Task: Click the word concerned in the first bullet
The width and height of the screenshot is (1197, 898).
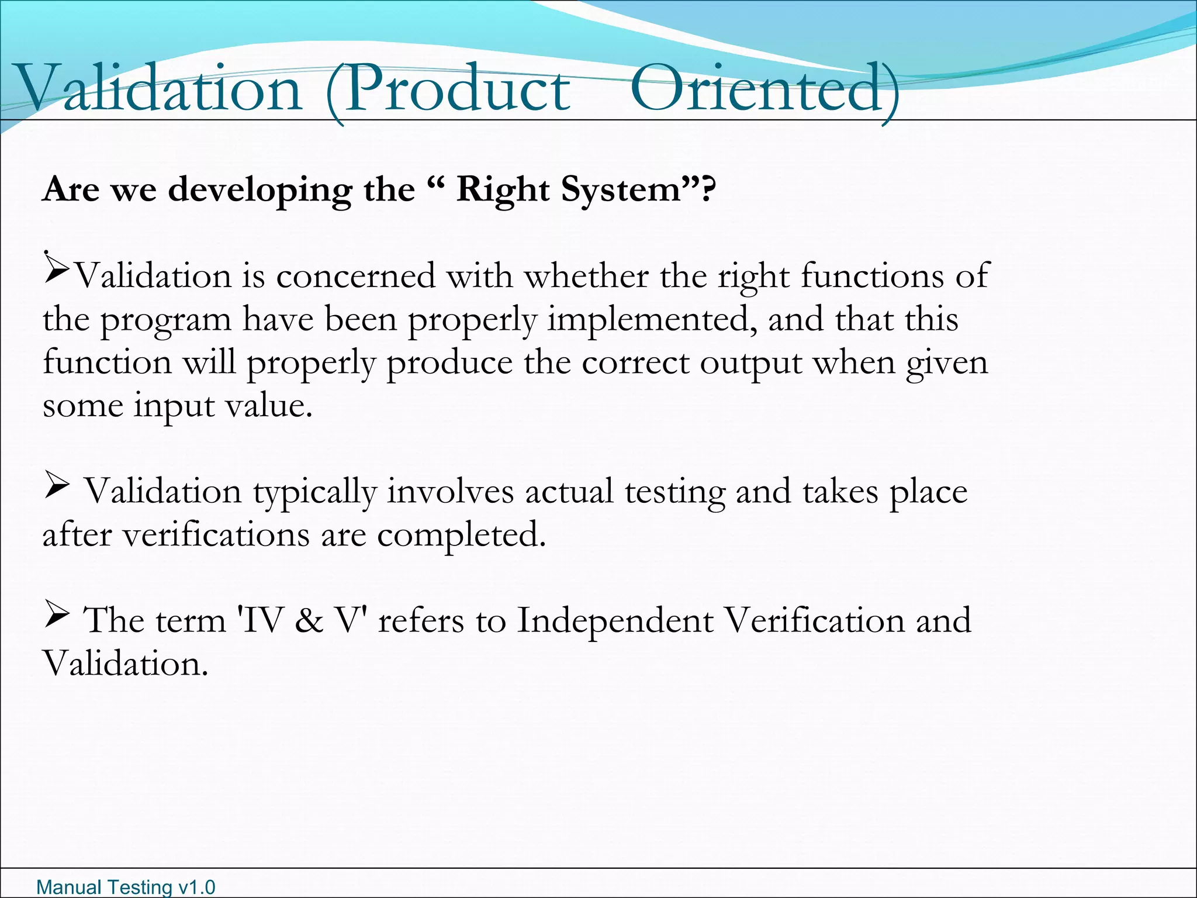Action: pos(355,276)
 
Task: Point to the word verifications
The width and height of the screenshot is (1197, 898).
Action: pos(216,535)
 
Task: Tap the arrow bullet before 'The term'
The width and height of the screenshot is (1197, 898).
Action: pos(57,616)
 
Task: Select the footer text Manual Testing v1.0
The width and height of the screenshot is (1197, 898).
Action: pos(126,887)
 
